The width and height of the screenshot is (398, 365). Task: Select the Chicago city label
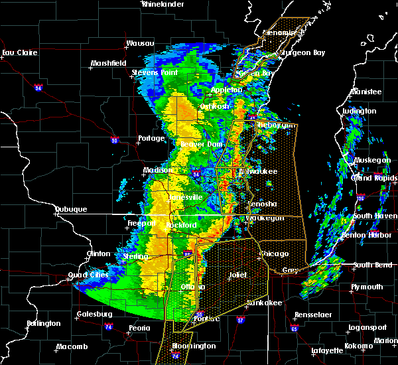click(275, 254)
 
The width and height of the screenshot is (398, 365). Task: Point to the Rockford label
click(182, 226)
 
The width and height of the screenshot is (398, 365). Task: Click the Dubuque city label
click(71, 209)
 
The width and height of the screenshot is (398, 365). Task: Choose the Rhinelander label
click(163, 4)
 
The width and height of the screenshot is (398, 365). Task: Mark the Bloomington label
click(194, 346)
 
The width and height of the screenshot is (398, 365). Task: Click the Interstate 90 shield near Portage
click(115, 140)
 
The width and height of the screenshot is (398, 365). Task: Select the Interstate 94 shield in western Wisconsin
click(38, 88)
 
